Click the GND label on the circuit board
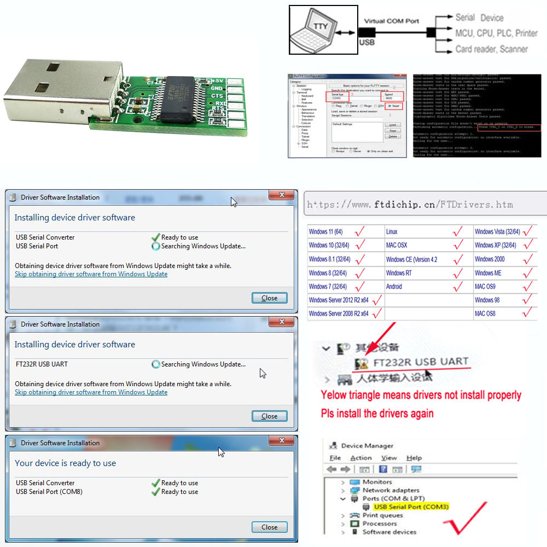click(x=217, y=88)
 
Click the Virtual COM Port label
click(x=389, y=21)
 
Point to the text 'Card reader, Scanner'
click(x=491, y=49)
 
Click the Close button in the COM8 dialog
click(x=269, y=527)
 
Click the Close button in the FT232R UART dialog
click(x=269, y=416)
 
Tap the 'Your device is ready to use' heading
click(x=65, y=463)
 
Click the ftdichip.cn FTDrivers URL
click(x=410, y=205)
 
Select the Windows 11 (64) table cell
click(x=328, y=232)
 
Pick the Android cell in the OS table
click(x=394, y=286)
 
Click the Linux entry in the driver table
click(x=392, y=232)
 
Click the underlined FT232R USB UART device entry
click(x=421, y=362)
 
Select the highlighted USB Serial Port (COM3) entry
click(x=411, y=507)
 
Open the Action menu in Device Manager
click(x=360, y=458)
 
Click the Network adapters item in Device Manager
click(x=391, y=490)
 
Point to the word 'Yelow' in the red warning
click(x=334, y=395)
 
